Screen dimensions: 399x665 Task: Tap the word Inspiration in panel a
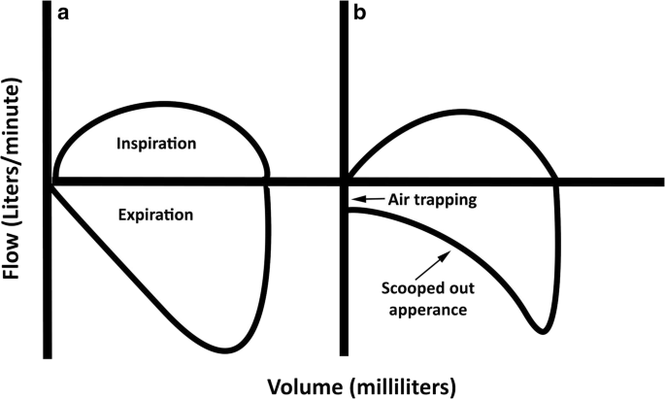coord(156,143)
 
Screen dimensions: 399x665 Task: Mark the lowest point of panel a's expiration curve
coord(225,349)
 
